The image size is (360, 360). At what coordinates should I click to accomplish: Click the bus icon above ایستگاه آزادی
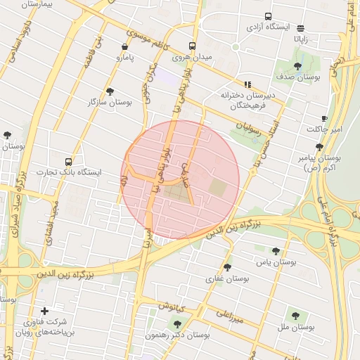click(x=268, y=16)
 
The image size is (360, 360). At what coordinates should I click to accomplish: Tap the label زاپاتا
click(x=301, y=40)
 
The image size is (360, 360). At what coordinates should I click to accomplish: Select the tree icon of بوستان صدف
click(x=297, y=67)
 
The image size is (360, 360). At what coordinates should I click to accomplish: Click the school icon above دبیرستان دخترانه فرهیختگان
click(x=247, y=84)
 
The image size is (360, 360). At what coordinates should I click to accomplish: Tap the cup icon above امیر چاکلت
click(x=324, y=118)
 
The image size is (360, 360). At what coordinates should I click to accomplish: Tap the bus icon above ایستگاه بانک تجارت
click(x=68, y=162)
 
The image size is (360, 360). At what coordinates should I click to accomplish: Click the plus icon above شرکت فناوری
click(x=45, y=311)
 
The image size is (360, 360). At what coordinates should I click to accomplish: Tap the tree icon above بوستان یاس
click(x=276, y=251)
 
